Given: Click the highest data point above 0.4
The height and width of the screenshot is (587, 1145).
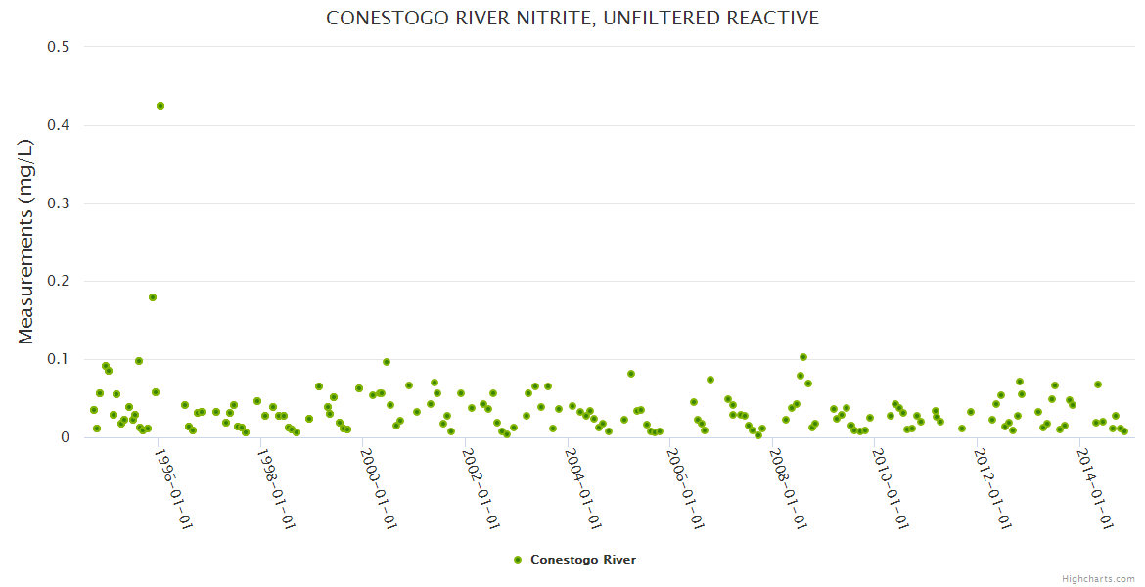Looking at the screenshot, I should (160, 106).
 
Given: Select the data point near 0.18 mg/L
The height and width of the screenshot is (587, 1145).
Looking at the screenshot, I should (153, 297).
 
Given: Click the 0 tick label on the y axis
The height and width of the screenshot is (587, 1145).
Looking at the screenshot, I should (66, 437).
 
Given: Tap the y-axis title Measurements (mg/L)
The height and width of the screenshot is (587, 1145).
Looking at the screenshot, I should (26, 242).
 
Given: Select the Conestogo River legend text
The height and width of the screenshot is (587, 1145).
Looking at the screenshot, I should (583, 560).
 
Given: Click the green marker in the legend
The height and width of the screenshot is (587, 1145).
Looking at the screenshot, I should (518, 560).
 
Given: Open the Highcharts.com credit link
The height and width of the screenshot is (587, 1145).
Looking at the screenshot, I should (1098, 578).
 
